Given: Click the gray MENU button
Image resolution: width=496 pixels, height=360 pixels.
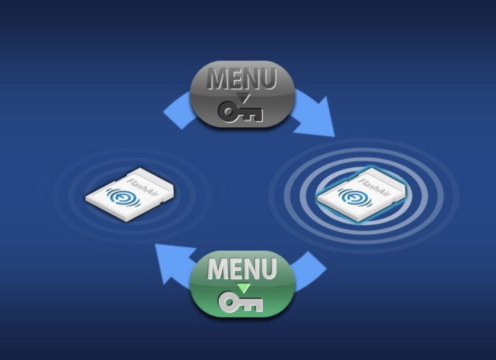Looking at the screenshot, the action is [242, 94].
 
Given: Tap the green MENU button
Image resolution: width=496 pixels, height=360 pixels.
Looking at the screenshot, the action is [242, 284].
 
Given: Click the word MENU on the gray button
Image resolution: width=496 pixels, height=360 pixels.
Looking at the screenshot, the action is [242, 78].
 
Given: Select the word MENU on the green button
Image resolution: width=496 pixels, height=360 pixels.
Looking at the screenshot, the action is [242, 268].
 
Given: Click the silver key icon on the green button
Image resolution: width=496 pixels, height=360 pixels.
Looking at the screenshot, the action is [240, 303].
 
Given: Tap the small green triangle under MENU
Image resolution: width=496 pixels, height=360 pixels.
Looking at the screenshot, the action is [244, 287].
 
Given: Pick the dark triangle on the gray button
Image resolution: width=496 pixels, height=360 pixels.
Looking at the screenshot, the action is [244, 98].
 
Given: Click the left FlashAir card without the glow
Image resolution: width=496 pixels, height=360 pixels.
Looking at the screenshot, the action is [130, 195].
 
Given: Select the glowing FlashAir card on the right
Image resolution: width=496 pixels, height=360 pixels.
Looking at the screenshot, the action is [361, 195].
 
